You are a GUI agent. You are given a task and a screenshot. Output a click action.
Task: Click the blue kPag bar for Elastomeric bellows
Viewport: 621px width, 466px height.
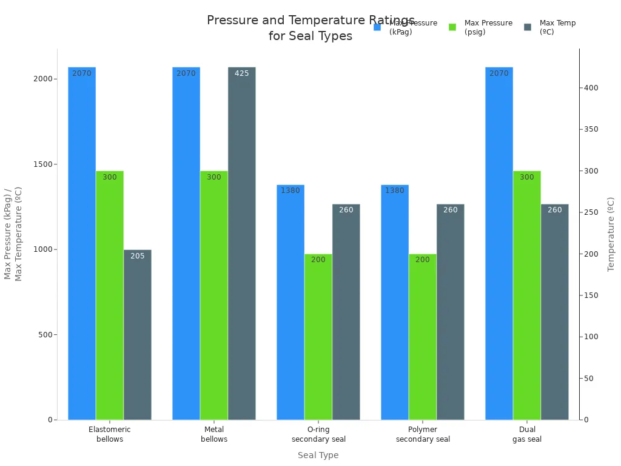82,243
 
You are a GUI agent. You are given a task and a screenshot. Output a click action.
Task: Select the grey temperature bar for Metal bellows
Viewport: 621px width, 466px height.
242,243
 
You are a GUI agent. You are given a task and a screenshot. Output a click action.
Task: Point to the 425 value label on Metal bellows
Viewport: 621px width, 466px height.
242,73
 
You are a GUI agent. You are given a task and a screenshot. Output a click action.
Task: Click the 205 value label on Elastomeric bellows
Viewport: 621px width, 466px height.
138,256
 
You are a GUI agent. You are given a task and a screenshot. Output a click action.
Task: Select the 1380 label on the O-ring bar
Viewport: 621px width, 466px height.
290,191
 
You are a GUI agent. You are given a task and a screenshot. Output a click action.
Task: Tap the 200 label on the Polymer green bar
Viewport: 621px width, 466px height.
423,260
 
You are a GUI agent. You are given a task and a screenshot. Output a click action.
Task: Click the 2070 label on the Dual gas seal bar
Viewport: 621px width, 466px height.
499,73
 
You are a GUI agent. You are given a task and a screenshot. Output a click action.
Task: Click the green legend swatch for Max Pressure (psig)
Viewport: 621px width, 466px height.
452,27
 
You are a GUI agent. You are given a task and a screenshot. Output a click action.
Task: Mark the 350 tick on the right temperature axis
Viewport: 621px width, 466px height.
591,129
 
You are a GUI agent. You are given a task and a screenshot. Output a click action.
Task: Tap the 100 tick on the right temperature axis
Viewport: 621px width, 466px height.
591,337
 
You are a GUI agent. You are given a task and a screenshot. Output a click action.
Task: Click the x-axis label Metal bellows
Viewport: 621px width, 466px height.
214,434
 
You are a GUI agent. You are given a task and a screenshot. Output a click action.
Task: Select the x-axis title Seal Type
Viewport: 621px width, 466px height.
318,455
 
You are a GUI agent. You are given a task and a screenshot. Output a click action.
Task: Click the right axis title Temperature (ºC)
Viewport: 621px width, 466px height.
611,234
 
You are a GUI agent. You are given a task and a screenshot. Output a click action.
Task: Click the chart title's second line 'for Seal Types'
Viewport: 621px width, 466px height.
310,36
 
